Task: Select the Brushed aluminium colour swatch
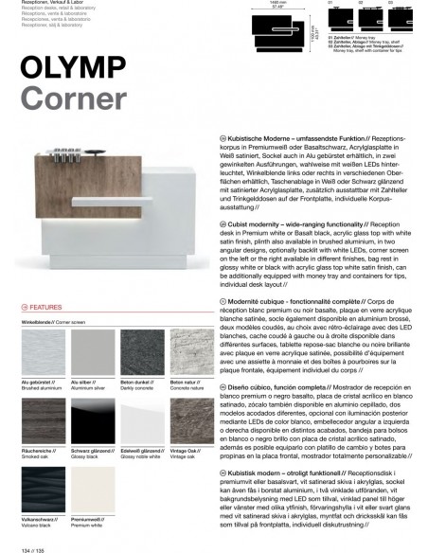tap(41, 351)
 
